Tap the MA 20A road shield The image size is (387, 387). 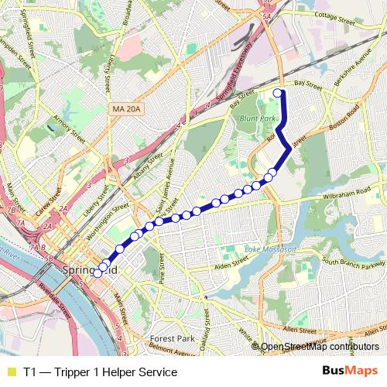(x=124, y=111)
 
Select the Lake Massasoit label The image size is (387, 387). (x=271, y=250)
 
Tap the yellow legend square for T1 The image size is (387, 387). (x=11, y=372)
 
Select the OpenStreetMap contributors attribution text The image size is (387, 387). (x=319, y=346)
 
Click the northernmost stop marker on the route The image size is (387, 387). (x=278, y=93)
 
